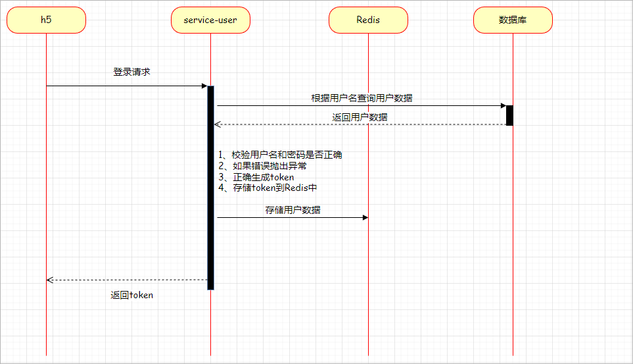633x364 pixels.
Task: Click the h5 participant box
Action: (46, 20)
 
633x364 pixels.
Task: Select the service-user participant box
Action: (210, 20)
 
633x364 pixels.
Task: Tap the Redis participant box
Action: (368, 20)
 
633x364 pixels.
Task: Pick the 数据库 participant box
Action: (513, 20)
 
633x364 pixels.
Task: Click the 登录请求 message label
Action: (131, 72)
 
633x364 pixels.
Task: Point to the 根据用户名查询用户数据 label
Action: (362, 98)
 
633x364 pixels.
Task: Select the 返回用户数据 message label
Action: (360, 117)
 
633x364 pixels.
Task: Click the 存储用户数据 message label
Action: (293, 210)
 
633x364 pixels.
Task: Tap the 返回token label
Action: (131, 296)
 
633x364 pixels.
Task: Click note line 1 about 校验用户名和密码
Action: (281, 155)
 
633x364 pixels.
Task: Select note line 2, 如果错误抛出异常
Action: (261, 166)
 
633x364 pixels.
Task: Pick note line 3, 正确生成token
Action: (256, 177)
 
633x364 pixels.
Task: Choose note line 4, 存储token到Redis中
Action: (268, 188)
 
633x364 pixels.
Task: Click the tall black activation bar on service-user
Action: (210, 197)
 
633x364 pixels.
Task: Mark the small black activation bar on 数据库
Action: (509, 115)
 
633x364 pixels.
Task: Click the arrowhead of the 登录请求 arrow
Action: (204, 86)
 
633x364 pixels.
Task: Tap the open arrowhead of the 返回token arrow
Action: (50, 280)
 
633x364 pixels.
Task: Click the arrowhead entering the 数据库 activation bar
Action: (503, 105)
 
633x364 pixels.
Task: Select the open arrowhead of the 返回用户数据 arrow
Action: (218, 124)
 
